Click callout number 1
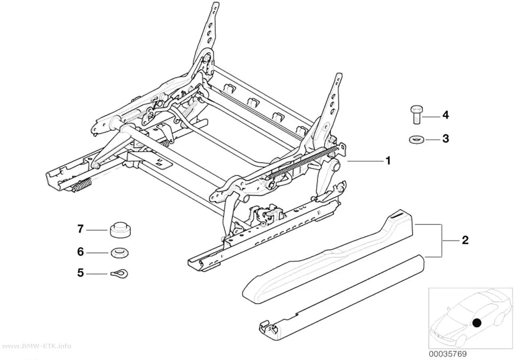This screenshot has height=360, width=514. click(x=388, y=161)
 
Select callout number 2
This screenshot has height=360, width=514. click(x=465, y=240)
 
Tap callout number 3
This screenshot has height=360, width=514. click(x=445, y=139)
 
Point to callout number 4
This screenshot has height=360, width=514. click(x=445, y=115)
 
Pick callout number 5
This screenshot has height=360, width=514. click(x=80, y=273)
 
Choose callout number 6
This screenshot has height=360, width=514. click(x=80, y=252)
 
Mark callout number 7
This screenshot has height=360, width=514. click(x=80, y=229)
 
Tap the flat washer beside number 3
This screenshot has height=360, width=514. click(x=416, y=139)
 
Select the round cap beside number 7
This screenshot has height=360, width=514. click(x=118, y=229)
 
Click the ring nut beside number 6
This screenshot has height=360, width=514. click(x=118, y=253)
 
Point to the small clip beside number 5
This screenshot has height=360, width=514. click(x=118, y=273)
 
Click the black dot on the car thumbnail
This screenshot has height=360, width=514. click(x=477, y=323)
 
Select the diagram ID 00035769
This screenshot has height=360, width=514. click(x=447, y=354)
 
